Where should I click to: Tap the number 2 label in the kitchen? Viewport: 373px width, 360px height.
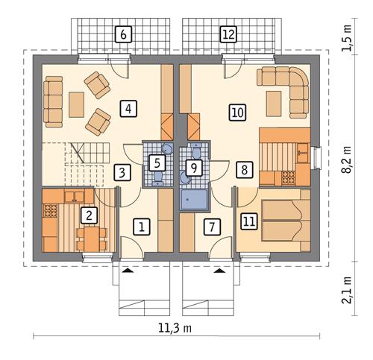(x=90, y=215)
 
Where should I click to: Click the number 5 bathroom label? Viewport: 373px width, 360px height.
(x=157, y=161)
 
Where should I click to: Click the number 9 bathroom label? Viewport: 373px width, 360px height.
(x=193, y=168)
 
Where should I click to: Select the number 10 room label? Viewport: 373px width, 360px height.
(x=237, y=113)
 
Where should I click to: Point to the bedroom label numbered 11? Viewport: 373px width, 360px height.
(x=248, y=221)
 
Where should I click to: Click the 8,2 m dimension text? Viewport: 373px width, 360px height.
(x=345, y=160)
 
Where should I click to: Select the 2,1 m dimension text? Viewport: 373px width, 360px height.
(x=345, y=290)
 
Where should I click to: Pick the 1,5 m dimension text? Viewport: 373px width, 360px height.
(x=345, y=36)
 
